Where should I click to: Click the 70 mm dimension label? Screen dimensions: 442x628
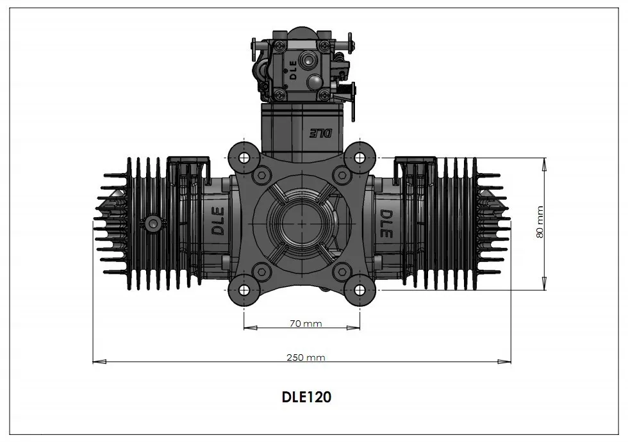(x=305, y=323)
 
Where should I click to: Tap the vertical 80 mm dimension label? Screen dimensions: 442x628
(x=540, y=222)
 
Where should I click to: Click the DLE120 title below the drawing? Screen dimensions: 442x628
(x=306, y=397)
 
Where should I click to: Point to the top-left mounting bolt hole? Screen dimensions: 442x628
(x=244, y=158)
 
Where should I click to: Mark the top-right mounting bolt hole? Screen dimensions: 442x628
(x=359, y=158)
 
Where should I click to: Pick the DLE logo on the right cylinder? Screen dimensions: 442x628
(x=386, y=224)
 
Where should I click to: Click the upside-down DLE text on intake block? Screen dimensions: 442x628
(x=321, y=134)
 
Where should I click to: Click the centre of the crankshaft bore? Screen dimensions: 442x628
(x=302, y=222)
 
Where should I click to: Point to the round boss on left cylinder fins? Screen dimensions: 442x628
(x=153, y=222)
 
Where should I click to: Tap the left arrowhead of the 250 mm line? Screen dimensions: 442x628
(x=96, y=362)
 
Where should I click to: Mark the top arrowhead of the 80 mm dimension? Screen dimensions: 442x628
(x=544, y=161)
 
